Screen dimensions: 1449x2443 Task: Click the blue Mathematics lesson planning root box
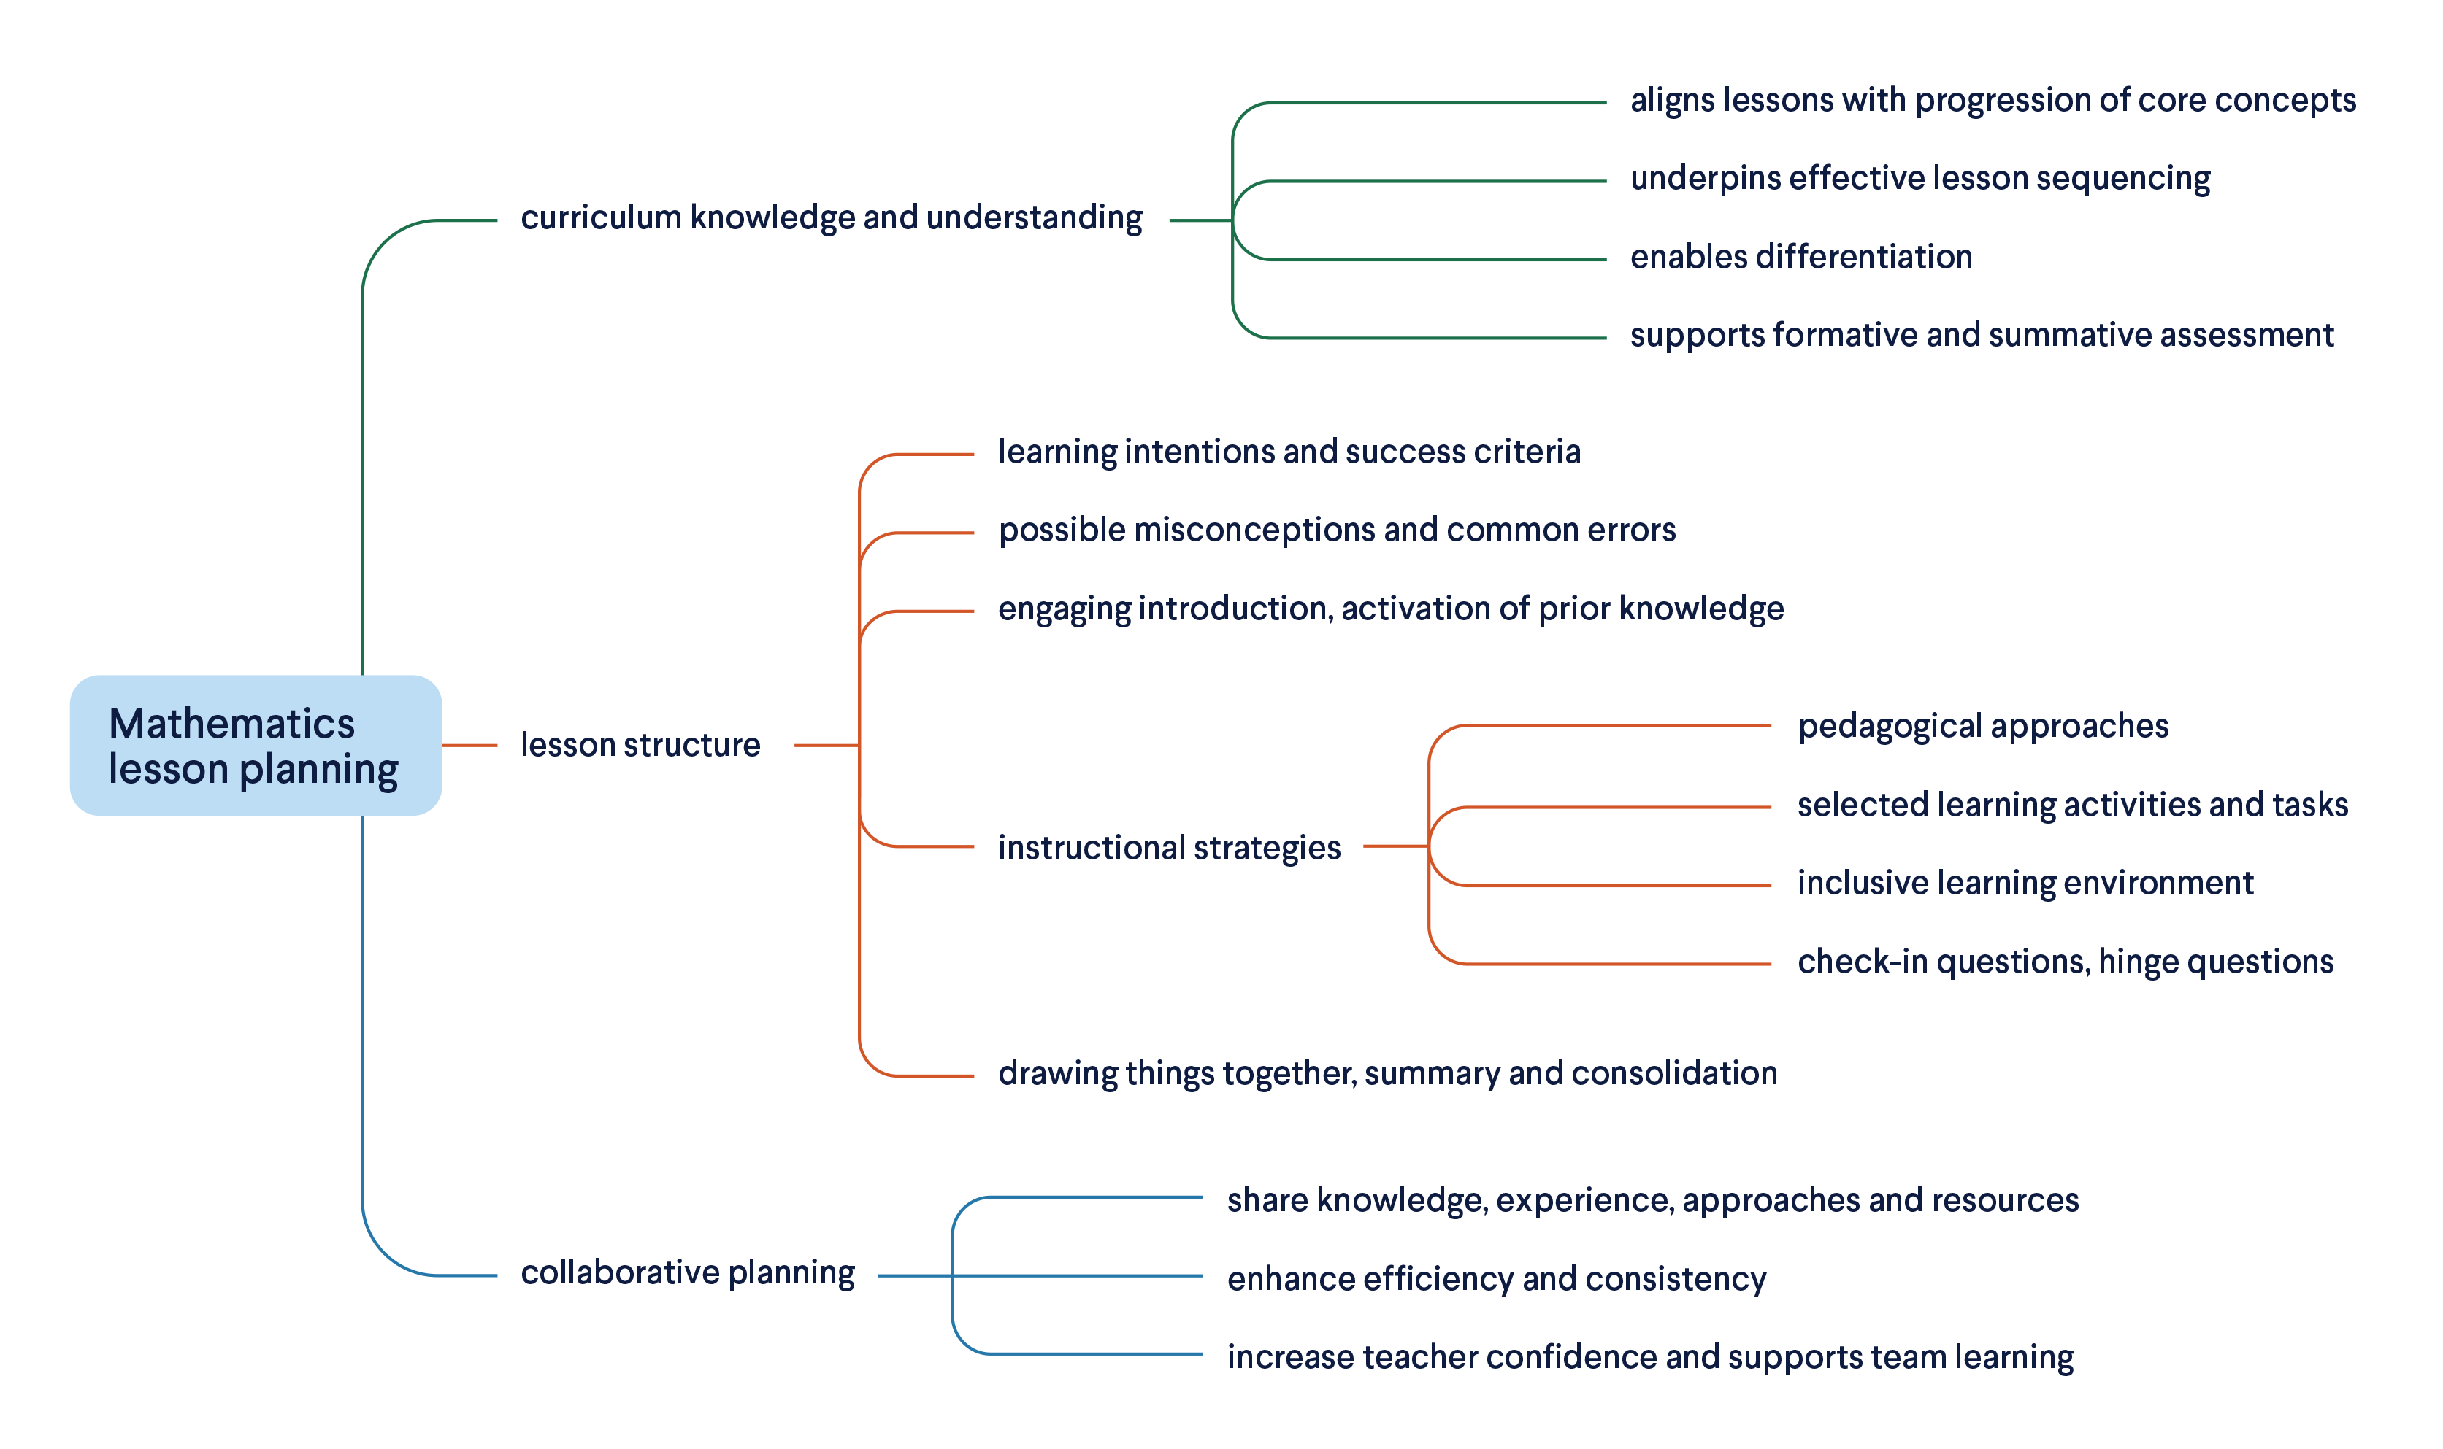pos(255,745)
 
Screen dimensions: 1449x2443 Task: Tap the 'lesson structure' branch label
pos(640,745)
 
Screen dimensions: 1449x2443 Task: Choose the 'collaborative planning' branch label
pos(687,1272)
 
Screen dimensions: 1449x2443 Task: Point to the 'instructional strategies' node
pos(1168,848)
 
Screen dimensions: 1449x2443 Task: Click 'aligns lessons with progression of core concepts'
pos(1992,101)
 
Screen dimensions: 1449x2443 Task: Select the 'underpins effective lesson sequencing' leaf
pos(1919,179)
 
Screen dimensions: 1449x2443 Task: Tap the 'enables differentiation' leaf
pos(1800,257)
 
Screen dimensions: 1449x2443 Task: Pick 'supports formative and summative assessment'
pos(1981,335)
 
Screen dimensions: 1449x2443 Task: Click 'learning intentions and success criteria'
pos(1289,452)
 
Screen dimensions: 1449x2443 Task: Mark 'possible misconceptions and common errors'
pos(1336,530)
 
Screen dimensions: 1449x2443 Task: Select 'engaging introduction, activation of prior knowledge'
pos(1390,608)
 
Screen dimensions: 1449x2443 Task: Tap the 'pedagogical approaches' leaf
pos(1982,727)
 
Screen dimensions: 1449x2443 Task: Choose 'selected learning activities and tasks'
pos(2072,805)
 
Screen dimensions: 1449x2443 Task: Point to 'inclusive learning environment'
pos(2025,883)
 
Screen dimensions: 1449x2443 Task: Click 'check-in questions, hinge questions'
pos(2065,962)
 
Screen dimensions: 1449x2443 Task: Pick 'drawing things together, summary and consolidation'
pos(1387,1073)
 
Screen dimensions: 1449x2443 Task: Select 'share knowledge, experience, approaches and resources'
pos(1652,1200)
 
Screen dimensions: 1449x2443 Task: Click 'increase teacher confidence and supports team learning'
pos(1650,1357)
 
